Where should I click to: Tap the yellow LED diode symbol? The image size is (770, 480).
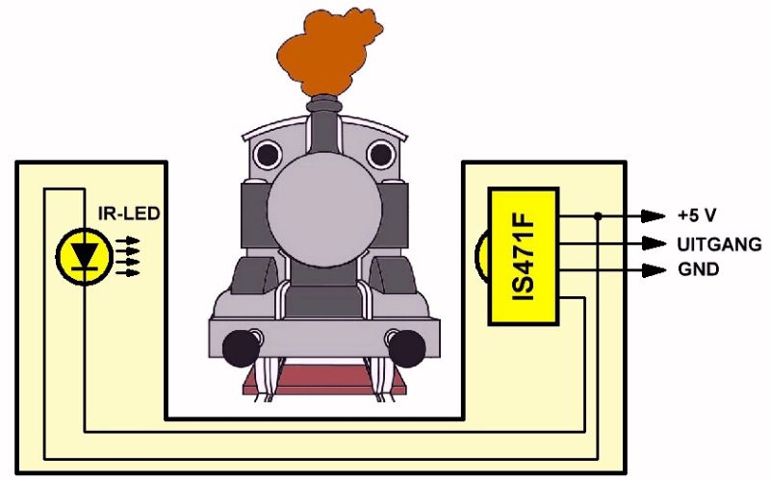point(87,255)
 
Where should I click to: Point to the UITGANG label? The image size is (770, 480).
point(719,243)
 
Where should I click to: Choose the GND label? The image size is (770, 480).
point(698,270)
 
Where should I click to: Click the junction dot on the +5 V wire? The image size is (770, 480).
point(598,215)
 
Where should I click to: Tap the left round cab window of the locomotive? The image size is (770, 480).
point(266,153)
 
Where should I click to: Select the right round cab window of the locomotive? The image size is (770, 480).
point(382,153)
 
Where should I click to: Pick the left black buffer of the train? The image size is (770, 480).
point(239,347)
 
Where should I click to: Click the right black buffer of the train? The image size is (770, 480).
point(409,347)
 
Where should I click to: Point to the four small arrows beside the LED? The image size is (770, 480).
point(127,256)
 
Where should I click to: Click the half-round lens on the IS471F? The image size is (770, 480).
point(480,255)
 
